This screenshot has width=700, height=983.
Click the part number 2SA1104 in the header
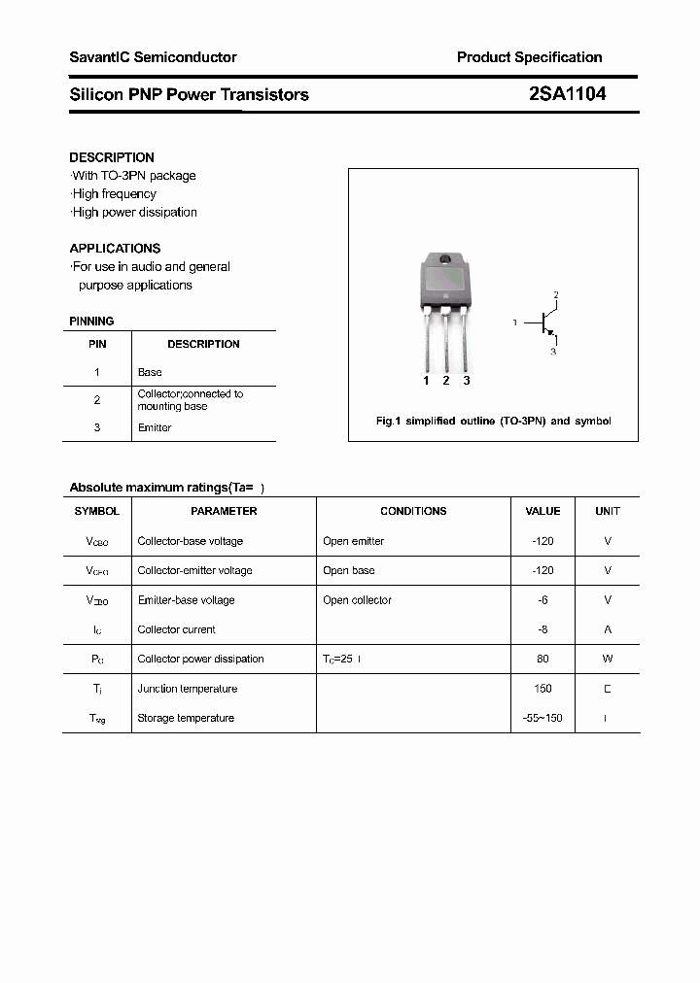click(568, 94)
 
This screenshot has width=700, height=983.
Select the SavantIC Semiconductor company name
click(153, 57)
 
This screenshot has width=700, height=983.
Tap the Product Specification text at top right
click(529, 57)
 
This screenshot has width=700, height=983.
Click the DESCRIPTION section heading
click(112, 157)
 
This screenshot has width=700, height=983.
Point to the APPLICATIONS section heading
click(115, 249)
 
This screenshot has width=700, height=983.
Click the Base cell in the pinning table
click(150, 372)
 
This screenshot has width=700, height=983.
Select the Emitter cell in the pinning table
click(155, 427)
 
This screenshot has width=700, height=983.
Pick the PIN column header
click(97, 344)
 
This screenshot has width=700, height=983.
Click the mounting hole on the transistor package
click(446, 259)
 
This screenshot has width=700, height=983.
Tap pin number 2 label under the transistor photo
click(446, 381)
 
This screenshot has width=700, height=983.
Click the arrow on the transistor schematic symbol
click(550, 333)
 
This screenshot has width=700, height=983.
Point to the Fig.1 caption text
click(493, 422)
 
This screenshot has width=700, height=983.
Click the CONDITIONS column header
click(413, 511)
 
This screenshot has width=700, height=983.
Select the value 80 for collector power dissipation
click(542, 659)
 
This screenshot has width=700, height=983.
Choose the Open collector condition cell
click(357, 600)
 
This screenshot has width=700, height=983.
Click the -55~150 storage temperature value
click(542, 718)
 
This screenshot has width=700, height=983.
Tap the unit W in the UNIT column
click(608, 659)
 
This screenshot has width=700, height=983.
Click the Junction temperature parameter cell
click(188, 689)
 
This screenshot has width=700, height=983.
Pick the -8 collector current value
click(542, 629)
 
